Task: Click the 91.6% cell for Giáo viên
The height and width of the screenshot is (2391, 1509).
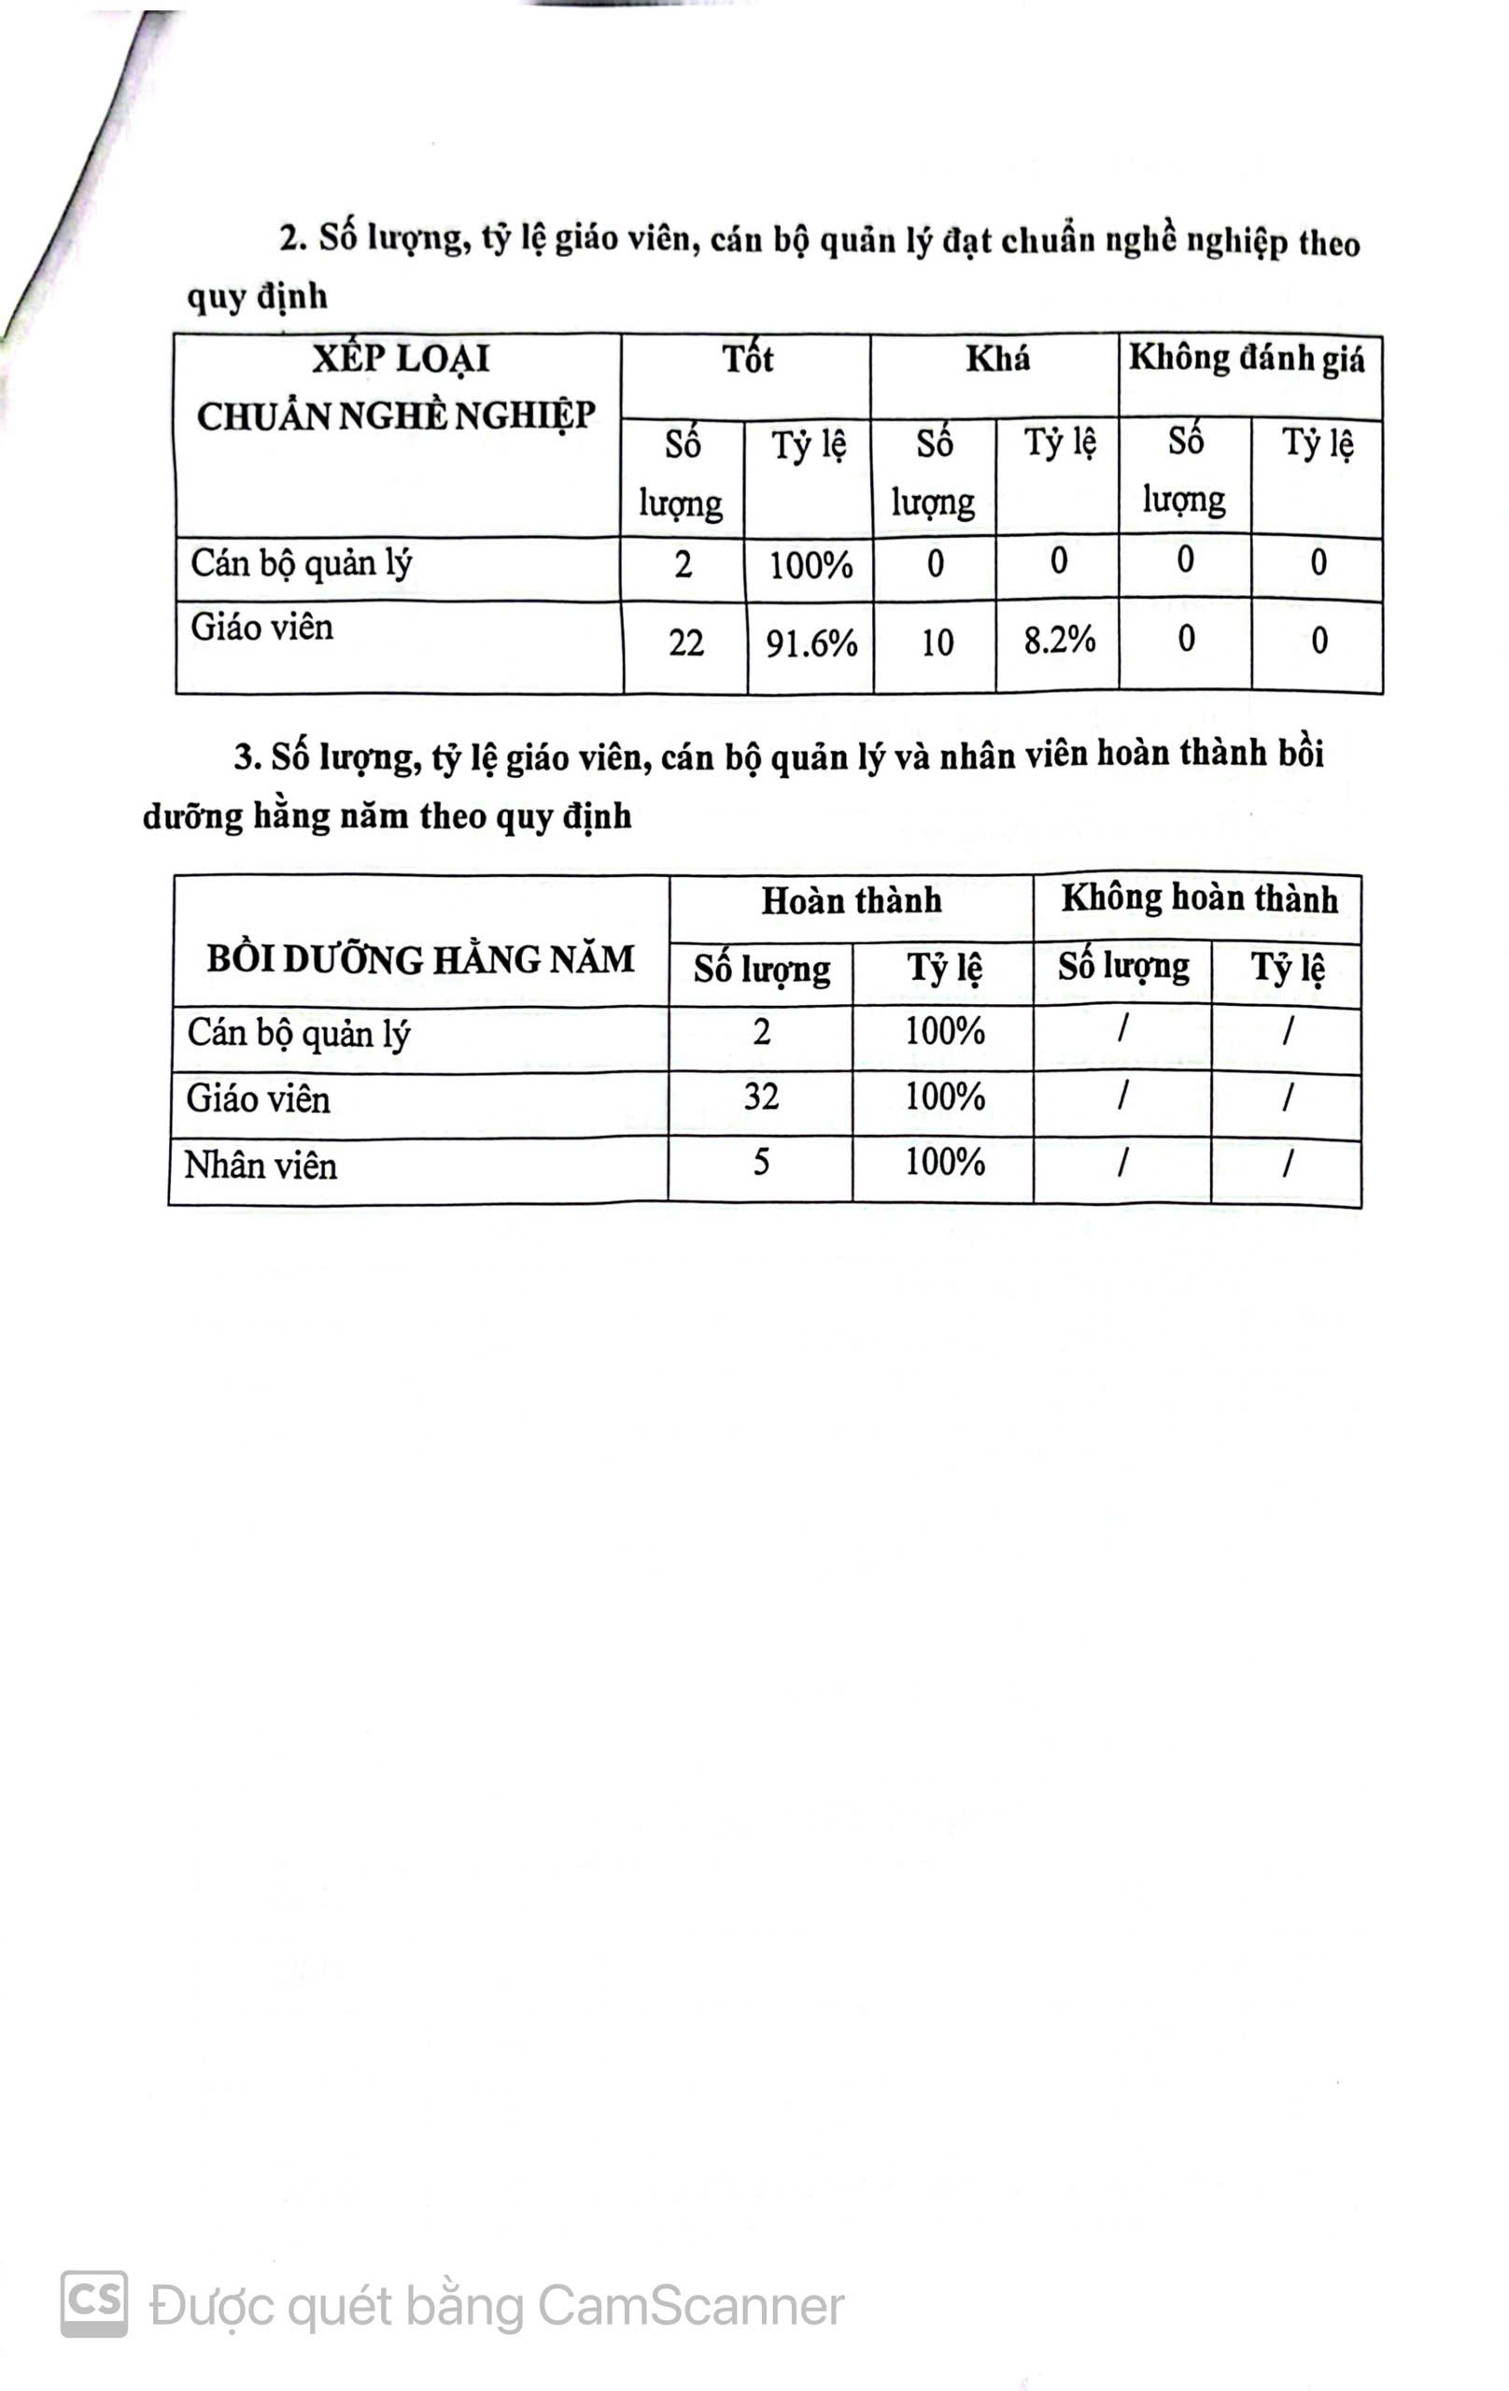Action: (x=811, y=644)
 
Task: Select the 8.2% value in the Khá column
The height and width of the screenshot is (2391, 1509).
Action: (x=1059, y=641)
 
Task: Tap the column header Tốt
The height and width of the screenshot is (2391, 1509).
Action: (x=746, y=360)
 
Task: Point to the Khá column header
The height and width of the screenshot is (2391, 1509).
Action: (x=996, y=359)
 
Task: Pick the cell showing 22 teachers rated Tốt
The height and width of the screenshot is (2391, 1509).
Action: (x=685, y=644)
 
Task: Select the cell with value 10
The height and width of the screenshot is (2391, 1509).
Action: (x=937, y=644)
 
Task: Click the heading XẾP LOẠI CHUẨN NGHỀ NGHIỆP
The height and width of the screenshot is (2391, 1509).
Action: (x=396, y=389)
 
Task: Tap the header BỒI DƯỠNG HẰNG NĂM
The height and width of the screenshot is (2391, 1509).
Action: (x=420, y=960)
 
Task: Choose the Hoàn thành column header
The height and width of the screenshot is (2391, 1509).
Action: (x=851, y=901)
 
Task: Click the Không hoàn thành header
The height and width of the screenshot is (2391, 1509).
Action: (x=1198, y=898)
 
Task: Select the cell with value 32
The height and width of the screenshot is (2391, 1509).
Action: (x=760, y=1097)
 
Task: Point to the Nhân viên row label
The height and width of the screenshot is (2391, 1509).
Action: (x=261, y=1166)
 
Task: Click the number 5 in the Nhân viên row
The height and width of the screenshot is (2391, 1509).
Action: (x=760, y=1163)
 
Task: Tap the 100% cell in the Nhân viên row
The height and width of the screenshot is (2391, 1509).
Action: (x=944, y=1163)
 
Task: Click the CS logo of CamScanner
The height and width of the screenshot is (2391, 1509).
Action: (x=94, y=2302)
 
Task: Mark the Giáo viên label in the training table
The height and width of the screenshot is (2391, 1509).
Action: (x=258, y=1099)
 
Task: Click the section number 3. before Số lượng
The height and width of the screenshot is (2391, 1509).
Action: (x=247, y=758)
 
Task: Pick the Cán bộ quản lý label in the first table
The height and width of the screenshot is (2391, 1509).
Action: (x=301, y=564)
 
